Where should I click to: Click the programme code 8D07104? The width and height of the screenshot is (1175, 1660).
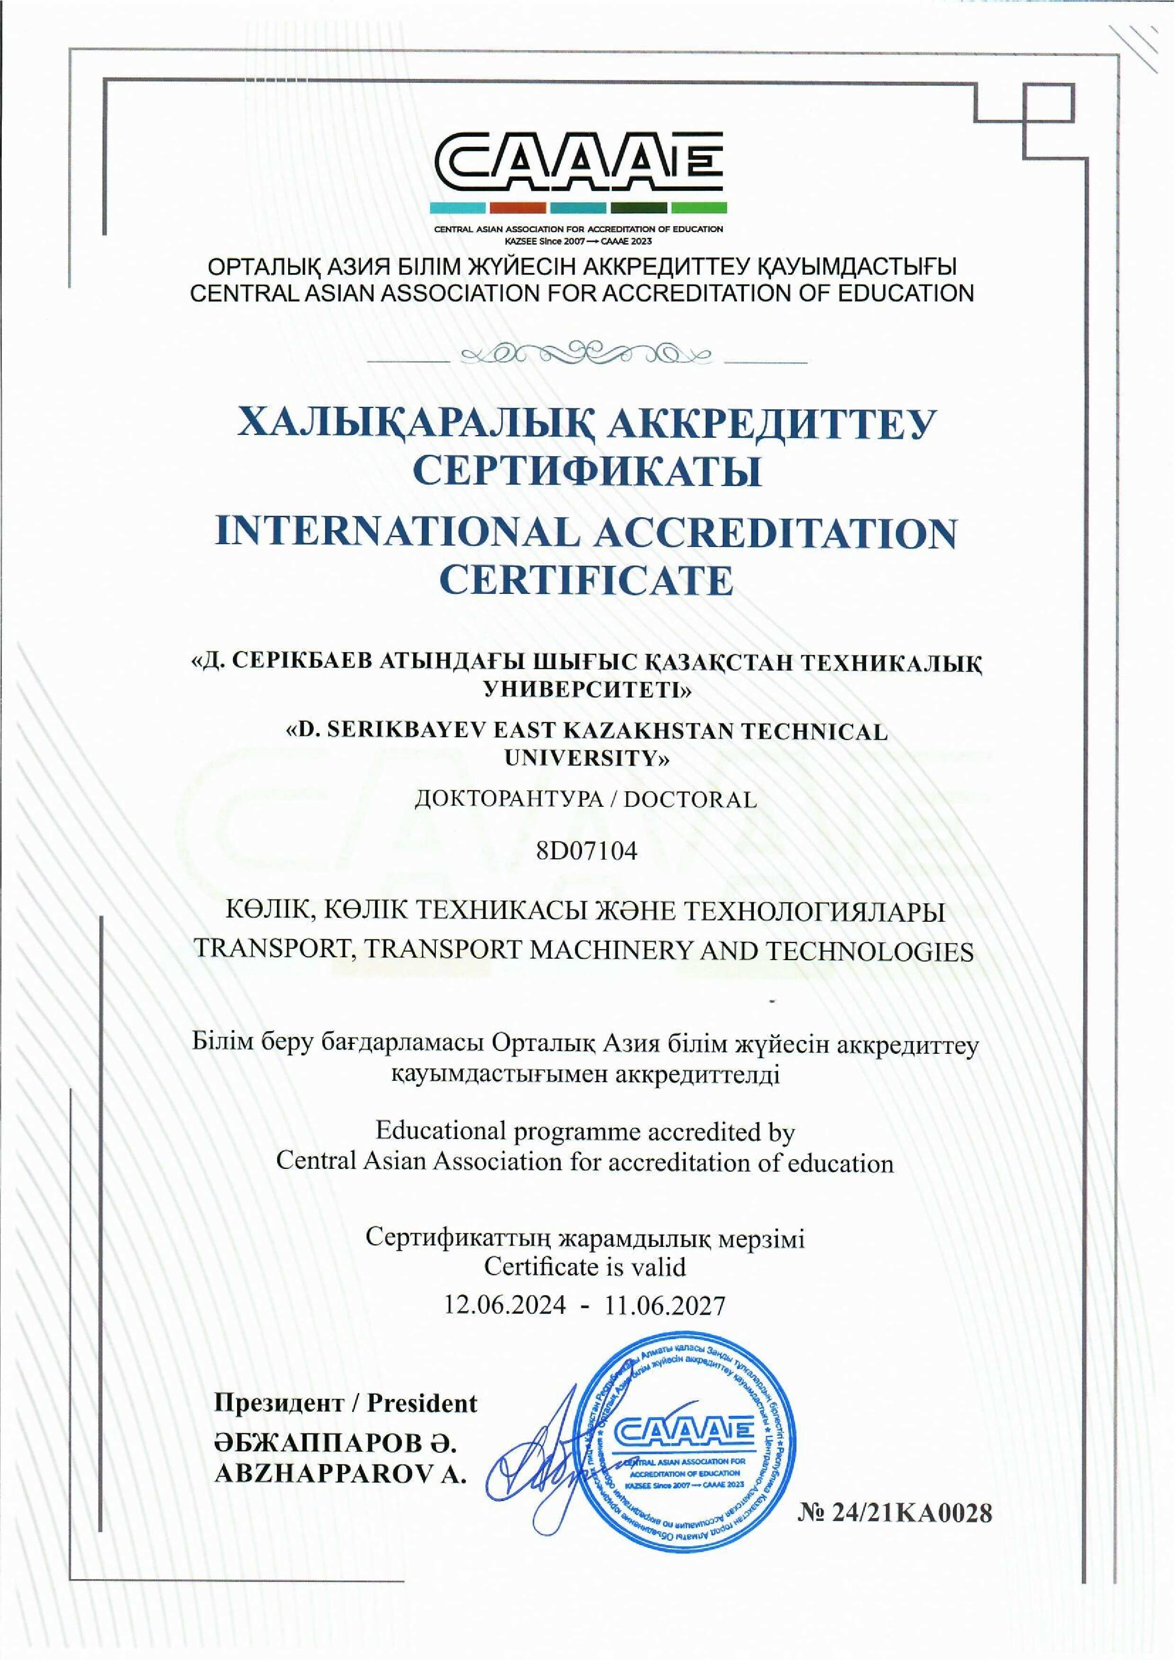(x=587, y=851)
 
